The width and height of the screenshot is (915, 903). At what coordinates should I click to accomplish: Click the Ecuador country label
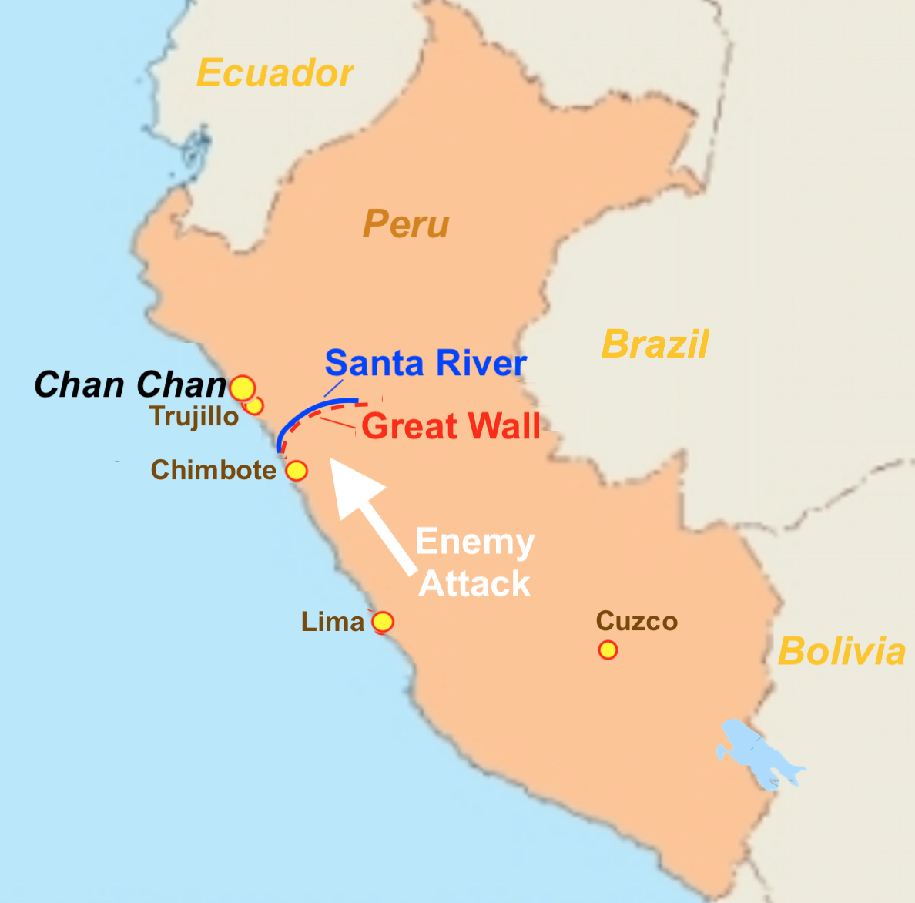coord(275,74)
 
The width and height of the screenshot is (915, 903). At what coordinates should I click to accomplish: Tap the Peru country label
coord(406,225)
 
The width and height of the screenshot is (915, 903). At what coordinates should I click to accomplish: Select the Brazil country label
coord(655,344)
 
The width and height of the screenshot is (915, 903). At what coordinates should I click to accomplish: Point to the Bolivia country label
coord(841,652)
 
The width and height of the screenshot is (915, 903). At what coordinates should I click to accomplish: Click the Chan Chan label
coord(130,384)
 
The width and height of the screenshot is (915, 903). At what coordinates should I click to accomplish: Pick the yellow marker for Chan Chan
coord(243,388)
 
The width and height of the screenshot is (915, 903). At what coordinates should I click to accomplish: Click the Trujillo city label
coord(195,417)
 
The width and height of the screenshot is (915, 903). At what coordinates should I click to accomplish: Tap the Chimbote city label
coord(213,470)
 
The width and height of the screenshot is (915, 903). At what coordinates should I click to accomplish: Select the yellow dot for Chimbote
coord(297,471)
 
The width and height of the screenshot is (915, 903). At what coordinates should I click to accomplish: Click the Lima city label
coord(333,622)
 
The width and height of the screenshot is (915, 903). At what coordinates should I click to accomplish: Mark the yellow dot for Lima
coord(383,622)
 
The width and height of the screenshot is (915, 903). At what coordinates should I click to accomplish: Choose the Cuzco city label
coord(637,621)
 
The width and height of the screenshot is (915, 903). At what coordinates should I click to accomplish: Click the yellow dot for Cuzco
coord(608,650)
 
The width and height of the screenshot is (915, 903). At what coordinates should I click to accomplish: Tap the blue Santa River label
coord(426,363)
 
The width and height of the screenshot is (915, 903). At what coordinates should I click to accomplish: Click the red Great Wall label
coord(451,427)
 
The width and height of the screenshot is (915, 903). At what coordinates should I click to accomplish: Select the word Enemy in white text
coord(474,542)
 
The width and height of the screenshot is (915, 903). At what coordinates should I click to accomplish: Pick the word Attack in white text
coord(474,584)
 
